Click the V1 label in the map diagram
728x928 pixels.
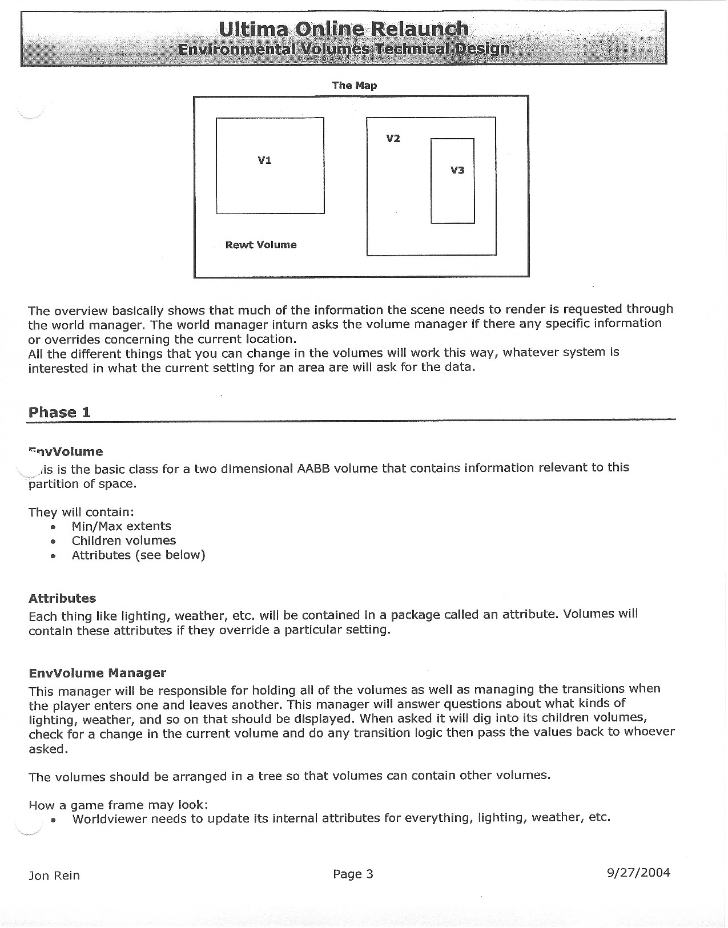point(264,160)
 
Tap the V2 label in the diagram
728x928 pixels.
point(393,139)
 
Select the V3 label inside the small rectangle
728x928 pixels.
point(457,170)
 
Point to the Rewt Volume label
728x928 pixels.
point(261,245)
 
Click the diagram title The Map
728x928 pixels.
point(355,86)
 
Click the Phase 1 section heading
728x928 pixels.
point(59,412)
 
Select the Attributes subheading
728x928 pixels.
point(62,599)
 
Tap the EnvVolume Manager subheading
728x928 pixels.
point(98,673)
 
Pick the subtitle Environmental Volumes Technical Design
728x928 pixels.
point(344,49)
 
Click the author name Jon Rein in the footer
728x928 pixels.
point(54,875)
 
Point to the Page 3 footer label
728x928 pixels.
point(353,874)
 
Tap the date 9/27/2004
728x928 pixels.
point(639,873)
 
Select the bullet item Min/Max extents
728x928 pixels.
point(121,526)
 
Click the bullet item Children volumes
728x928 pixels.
point(124,540)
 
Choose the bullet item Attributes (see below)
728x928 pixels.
point(138,555)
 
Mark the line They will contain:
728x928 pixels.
point(81,512)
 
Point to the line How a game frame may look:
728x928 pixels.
point(118,805)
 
